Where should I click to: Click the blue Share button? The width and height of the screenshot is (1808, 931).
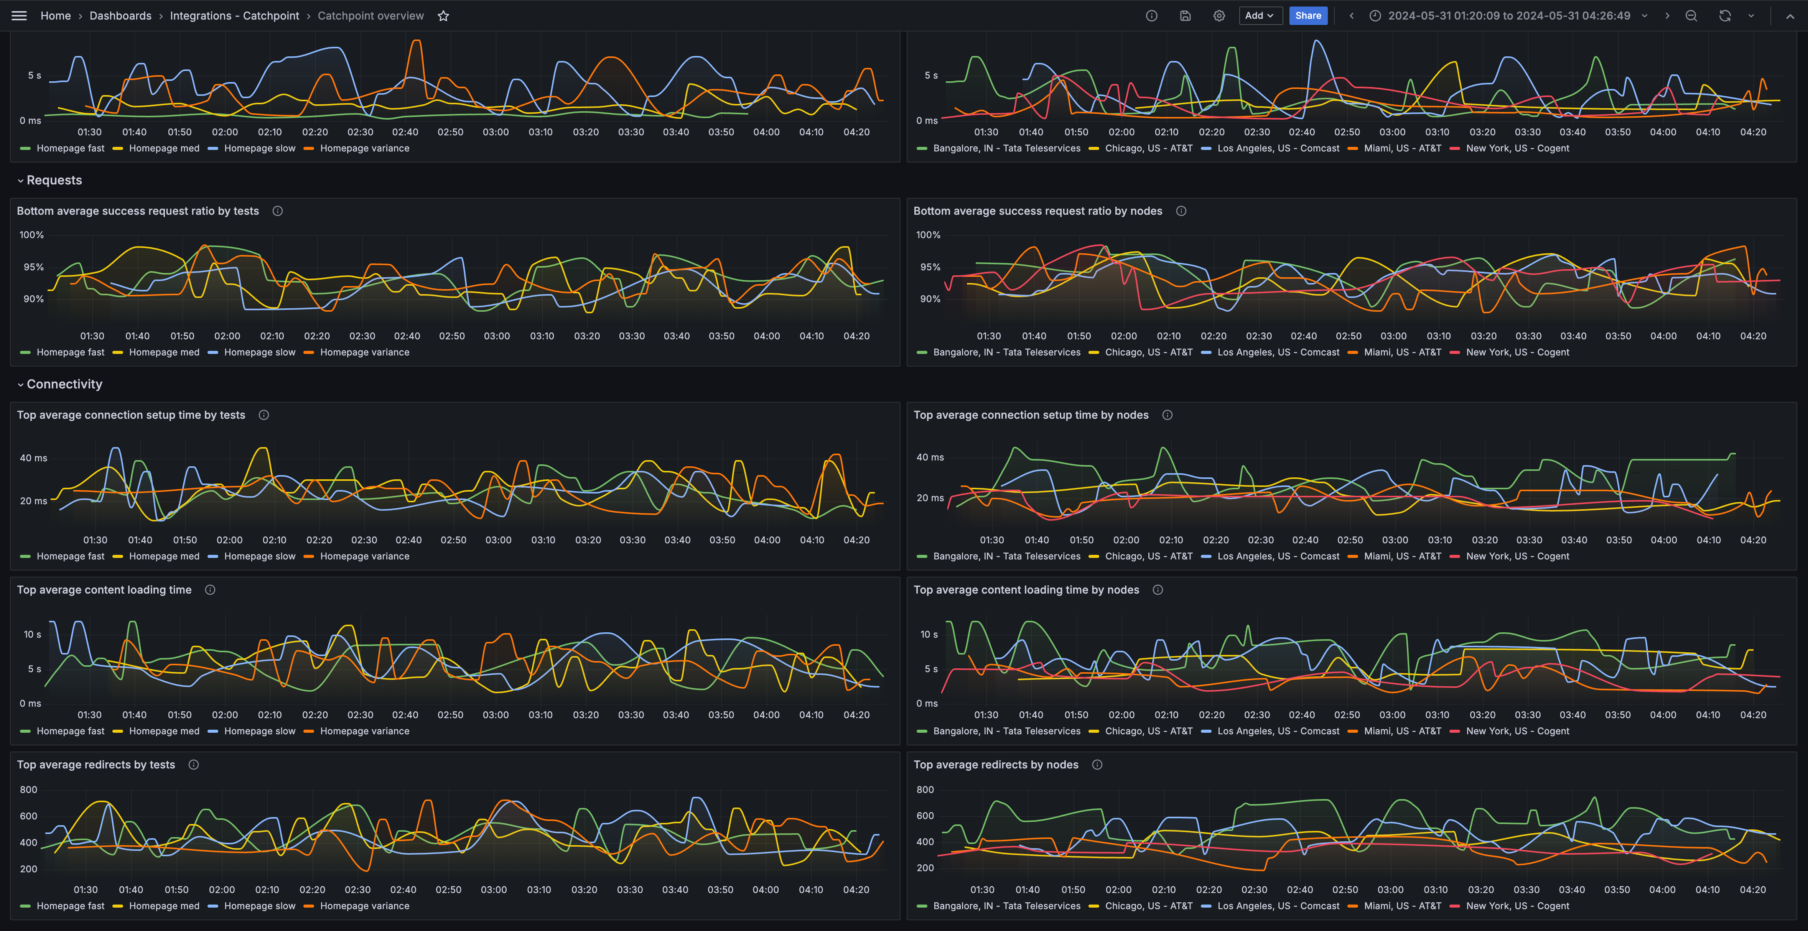pos(1307,15)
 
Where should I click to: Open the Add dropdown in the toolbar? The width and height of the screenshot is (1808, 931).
pos(1260,15)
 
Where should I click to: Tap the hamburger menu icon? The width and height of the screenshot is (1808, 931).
pos(19,15)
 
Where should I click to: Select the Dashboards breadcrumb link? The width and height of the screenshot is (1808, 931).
pos(120,15)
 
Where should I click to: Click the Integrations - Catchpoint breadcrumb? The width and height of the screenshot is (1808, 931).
pos(234,15)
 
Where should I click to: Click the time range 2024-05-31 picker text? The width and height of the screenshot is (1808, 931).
pos(1509,15)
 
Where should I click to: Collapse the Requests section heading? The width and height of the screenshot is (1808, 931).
pos(54,180)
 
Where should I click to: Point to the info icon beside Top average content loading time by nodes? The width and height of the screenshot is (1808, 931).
pos(1158,590)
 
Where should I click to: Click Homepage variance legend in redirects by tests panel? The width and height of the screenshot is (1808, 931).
pos(364,906)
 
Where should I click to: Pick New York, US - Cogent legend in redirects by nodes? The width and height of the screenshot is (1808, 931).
pos(1517,906)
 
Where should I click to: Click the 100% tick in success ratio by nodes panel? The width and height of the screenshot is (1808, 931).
pos(928,235)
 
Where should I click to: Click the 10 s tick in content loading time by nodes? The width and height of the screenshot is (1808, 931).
pos(929,634)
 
